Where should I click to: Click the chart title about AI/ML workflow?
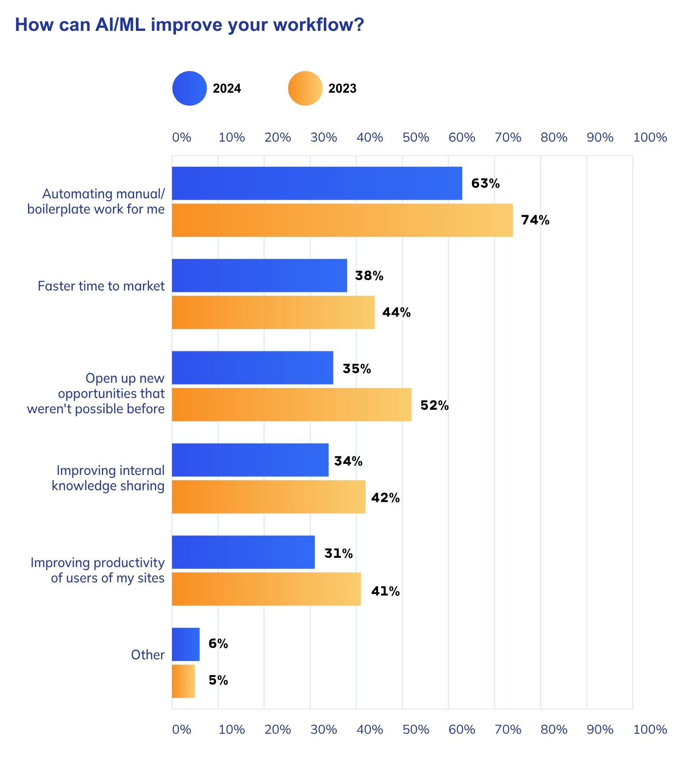(190, 25)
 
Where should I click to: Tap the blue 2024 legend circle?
(189, 88)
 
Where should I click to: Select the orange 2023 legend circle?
(305, 88)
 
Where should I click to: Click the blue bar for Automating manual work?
(317, 183)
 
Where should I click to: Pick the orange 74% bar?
(342, 220)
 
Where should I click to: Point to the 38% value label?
(369, 276)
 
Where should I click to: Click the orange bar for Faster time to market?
(273, 312)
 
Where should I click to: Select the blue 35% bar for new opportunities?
(252, 368)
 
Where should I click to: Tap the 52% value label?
(434, 405)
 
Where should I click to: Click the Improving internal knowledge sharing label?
(108, 478)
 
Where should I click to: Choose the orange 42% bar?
(268, 497)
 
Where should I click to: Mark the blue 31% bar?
(243, 552)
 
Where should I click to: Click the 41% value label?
(385, 591)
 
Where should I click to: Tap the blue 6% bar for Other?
(186, 644)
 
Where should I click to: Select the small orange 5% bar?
(183, 681)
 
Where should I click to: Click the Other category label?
(148, 655)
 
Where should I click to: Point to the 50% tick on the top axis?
(415, 138)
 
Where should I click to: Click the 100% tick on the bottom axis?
(650, 729)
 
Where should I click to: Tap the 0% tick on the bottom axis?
(181, 729)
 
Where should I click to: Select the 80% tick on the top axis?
(554, 138)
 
